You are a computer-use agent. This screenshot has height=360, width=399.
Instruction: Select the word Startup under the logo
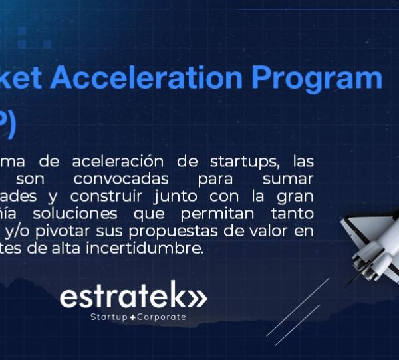coord(109,317)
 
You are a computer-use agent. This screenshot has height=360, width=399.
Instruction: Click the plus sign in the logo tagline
coord(132,318)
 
